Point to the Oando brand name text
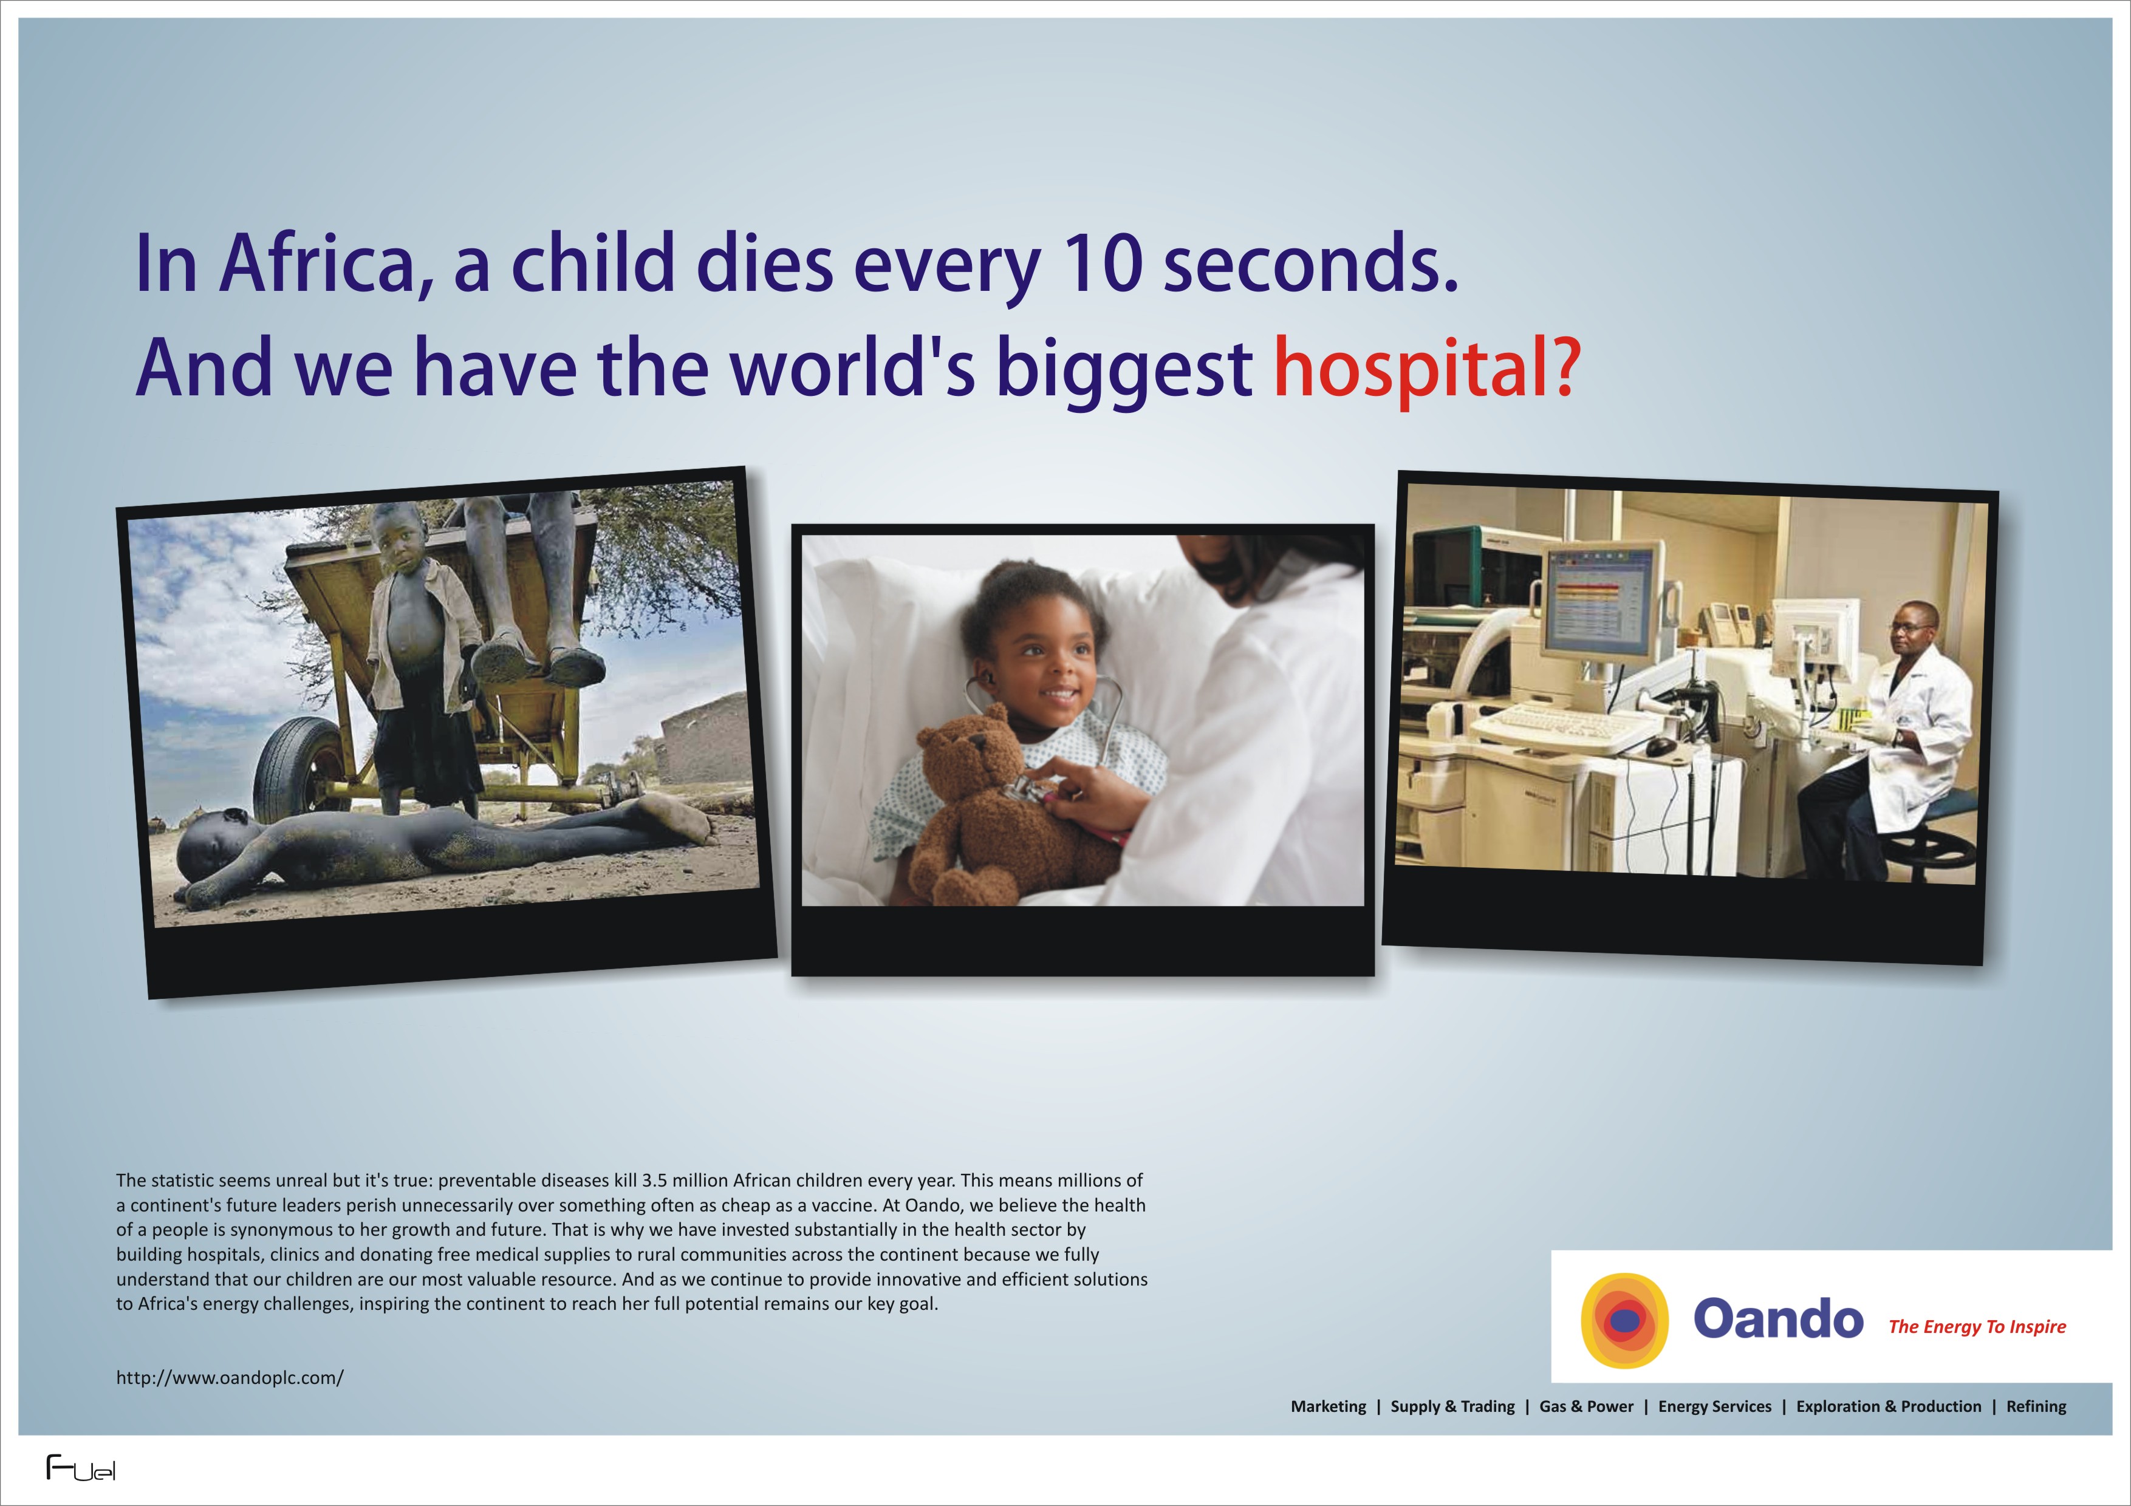click(1777, 1318)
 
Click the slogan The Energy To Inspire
click(1977, 1327)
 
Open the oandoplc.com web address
click(229, 1378)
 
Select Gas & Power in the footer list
click(1586, 1407)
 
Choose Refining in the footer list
click(2036, 1407)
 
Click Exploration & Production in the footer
click(1889, 1407)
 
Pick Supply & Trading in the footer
click(1452, 1407)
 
